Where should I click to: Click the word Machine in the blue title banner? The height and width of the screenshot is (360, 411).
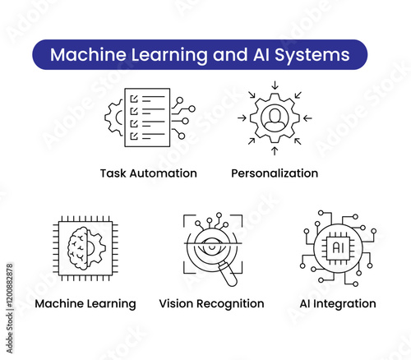(88, 54)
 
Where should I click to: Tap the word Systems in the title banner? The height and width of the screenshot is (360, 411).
(312, 56)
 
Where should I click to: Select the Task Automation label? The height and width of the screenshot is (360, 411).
(149, 173)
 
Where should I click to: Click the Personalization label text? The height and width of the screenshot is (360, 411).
(275, 173)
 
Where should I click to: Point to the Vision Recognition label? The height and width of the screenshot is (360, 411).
(211, 304)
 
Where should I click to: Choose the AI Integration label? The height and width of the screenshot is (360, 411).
(338, 303)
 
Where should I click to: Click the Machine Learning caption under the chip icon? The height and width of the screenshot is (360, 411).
(85, 304)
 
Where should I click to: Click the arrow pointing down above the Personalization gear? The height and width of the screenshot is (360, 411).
(275, 85)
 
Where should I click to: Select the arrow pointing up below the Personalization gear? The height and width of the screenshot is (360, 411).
(275, 151)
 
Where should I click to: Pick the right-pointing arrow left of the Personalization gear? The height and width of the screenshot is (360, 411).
(242, 118)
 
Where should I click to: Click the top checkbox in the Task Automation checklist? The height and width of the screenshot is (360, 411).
(134, 99)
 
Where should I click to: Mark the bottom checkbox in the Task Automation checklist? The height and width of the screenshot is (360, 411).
(134, 136)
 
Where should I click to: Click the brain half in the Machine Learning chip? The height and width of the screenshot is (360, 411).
(78, 247)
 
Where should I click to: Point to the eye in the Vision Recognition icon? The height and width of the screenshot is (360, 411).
(212, 246)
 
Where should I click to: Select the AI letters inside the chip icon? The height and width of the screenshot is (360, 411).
(338, 248)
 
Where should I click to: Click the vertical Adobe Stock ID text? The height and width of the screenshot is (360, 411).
(10, 308)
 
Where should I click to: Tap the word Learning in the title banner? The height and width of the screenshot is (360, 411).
(169, 56)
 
